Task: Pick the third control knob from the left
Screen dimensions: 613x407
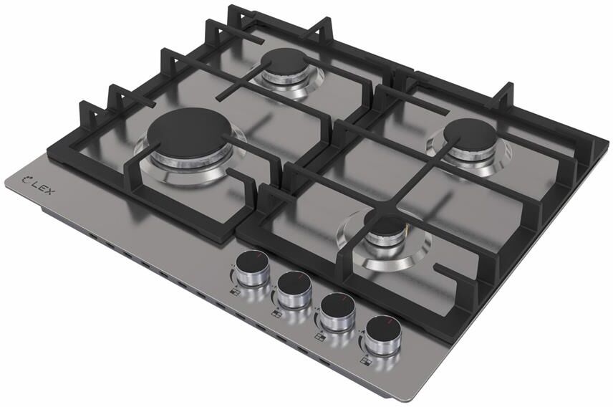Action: pos(337,310)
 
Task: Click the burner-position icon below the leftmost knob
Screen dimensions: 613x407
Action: pos(235,291)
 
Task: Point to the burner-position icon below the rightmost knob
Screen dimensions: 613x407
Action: pos(366,361)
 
